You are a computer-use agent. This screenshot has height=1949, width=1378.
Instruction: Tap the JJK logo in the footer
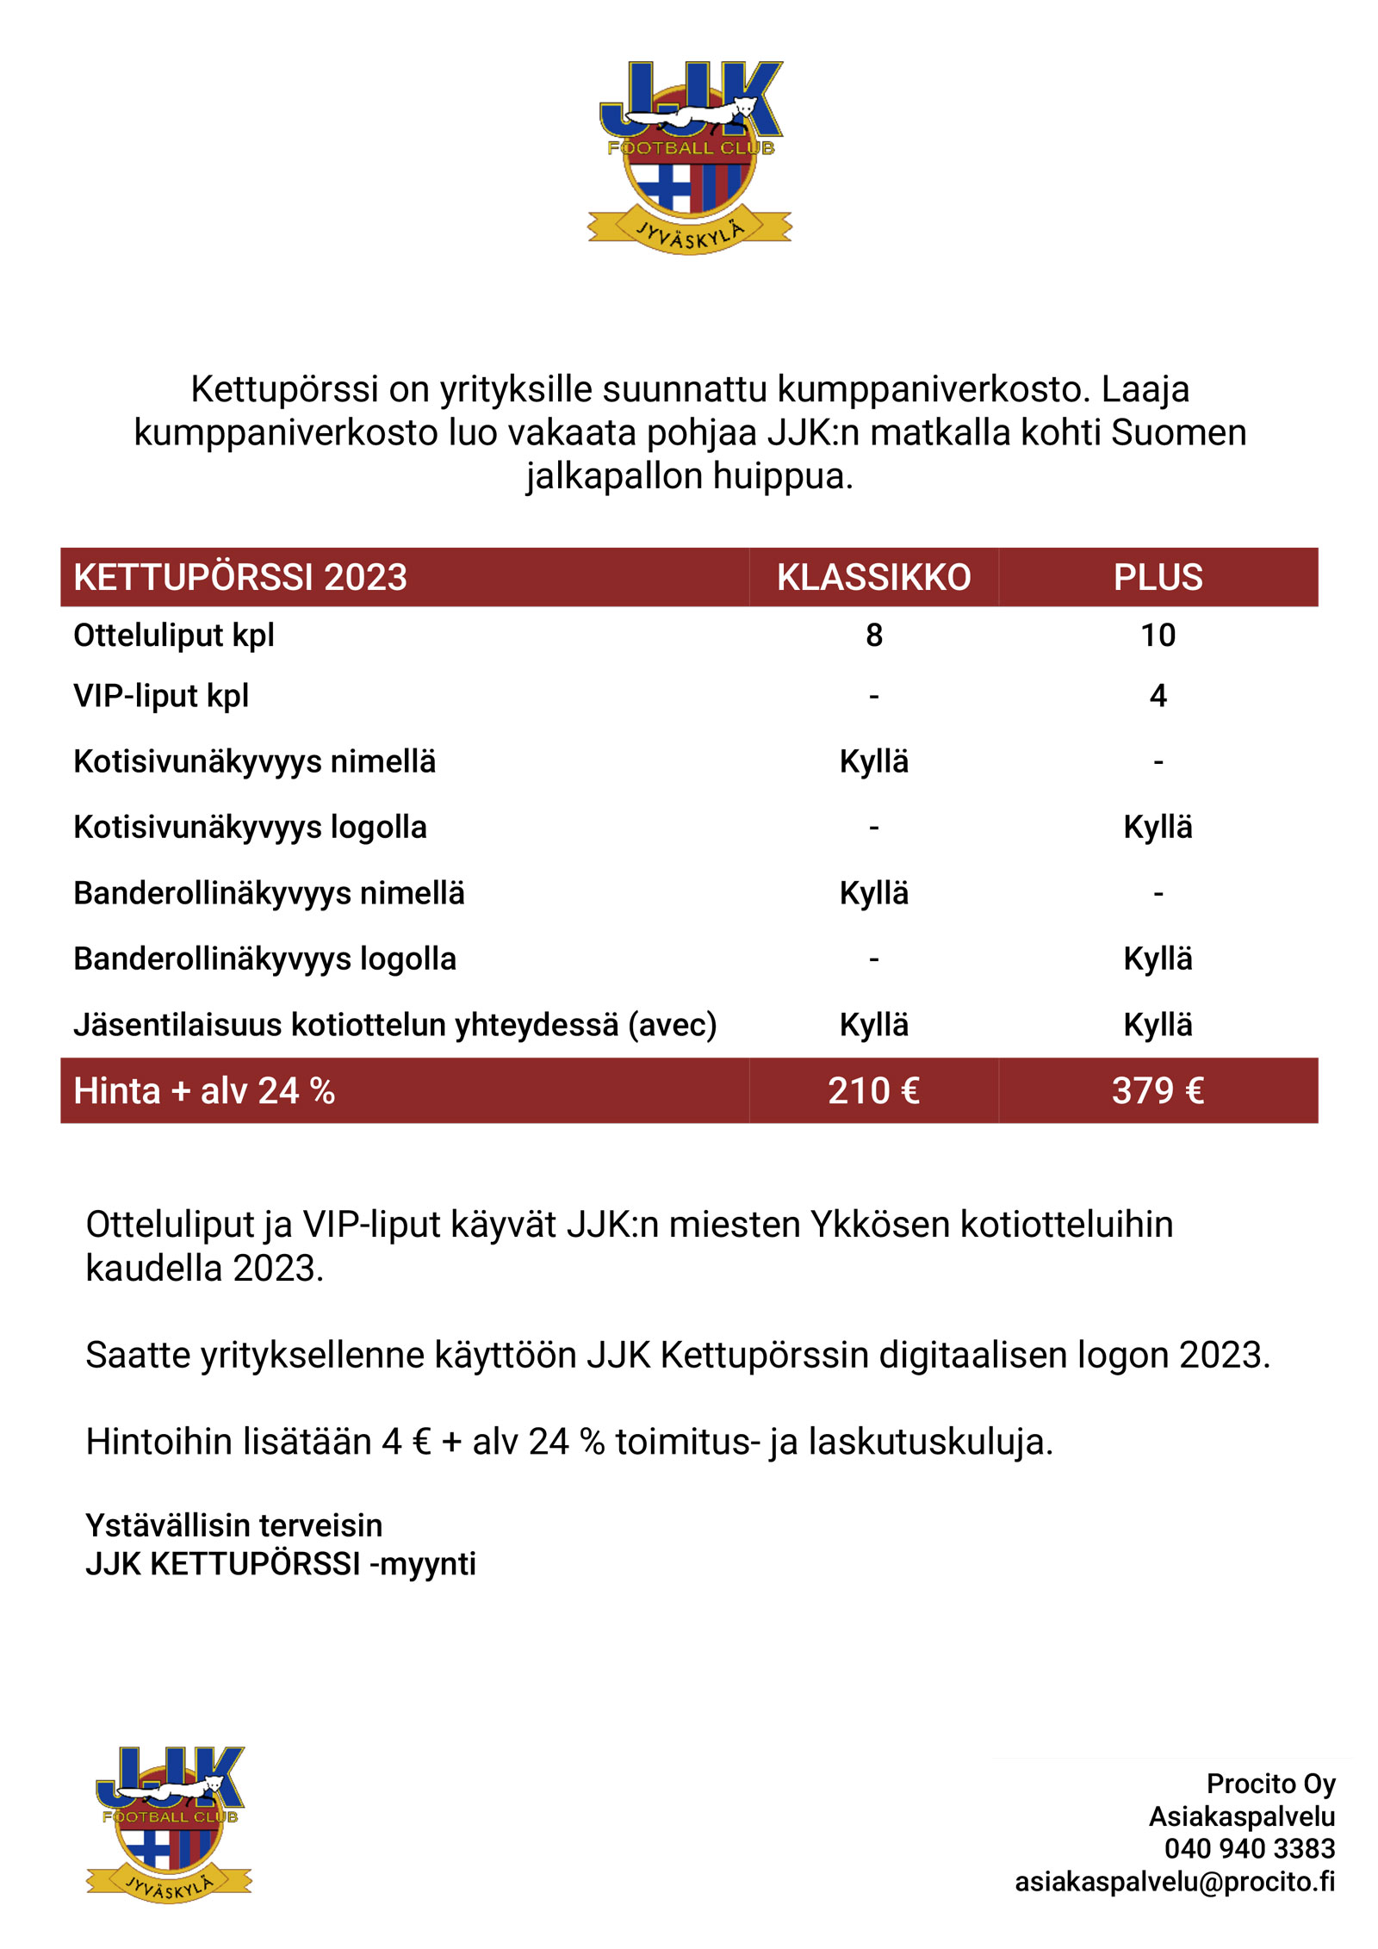point(170,1824)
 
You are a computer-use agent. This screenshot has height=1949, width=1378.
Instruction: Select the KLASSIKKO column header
point(873,577)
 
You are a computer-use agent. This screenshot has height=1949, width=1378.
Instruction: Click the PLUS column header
point(1158,577)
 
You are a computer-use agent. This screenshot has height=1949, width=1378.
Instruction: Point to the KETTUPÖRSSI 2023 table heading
point(240,577)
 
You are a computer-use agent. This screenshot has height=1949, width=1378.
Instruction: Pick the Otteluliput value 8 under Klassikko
point(873,636)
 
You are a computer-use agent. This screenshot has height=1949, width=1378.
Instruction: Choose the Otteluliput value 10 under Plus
point(1158,636)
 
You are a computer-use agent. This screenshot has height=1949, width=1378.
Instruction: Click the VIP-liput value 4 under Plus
point(1158,696)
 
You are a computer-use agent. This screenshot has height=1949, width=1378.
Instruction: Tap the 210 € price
point(873,1090)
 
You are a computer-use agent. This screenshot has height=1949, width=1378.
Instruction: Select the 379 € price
point(1158,1090)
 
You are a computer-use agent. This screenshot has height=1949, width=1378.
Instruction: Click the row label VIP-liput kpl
point(161,696)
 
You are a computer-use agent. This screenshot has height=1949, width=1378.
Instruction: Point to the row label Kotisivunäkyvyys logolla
point(250,828)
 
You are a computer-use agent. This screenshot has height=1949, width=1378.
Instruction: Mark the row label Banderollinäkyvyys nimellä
point(269,893)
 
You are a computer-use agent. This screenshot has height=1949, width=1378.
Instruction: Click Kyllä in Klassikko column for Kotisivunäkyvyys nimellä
point(873,762)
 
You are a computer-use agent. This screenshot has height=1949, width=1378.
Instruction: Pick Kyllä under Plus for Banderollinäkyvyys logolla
point(1158,959)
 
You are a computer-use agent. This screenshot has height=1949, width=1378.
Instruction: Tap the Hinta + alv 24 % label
point(204,1090)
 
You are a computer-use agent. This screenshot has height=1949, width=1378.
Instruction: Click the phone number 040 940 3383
point(1249,1849)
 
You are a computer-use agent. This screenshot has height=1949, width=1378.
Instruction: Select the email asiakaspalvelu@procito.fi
point(1175,1882)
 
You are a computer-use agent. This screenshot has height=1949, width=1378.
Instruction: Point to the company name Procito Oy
point(1270,1784)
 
